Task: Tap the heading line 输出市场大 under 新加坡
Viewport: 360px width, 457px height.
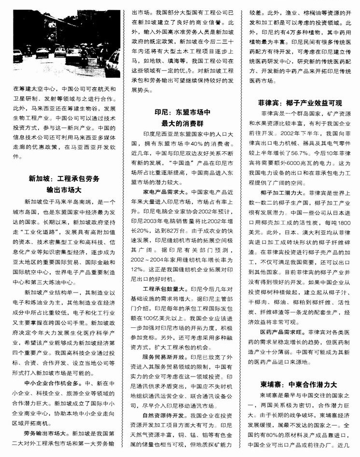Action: (x=64, y=189)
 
